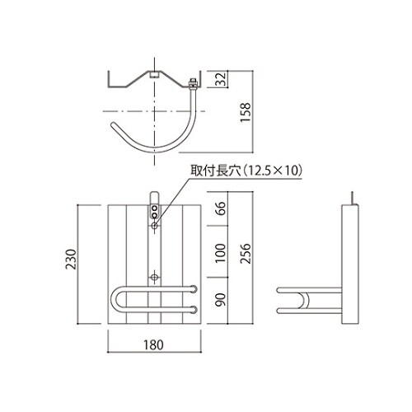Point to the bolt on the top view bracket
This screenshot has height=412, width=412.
pyautogui.click(x=193, y=82)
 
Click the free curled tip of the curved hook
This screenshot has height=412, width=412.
pyautogui.click(x=114, y=125)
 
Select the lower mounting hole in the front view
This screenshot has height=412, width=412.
pyautogui.click(x=154, y=276)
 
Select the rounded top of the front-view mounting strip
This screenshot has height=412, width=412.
pyautogui.click(x=154, y=196)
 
